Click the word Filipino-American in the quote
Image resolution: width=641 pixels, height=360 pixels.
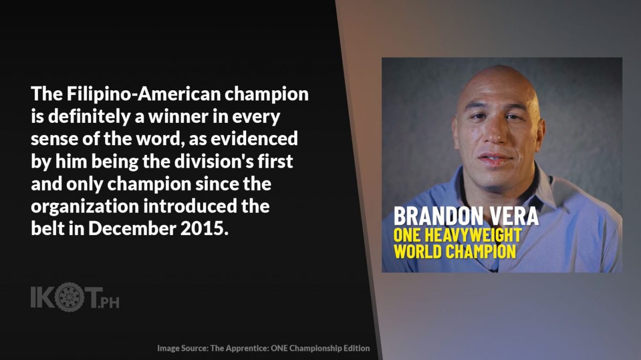pyautogui.click(x=144, y=93)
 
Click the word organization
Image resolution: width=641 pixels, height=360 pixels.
pyautogui.click(x=85, y=207)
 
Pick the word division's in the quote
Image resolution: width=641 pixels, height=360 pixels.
pyautogui.click(x=214, y=161)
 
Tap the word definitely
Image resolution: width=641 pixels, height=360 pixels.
pyautogui.click(x=89, y=117)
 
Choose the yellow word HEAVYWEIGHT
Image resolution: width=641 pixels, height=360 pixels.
pyautogui.click(x=473, y=235)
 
